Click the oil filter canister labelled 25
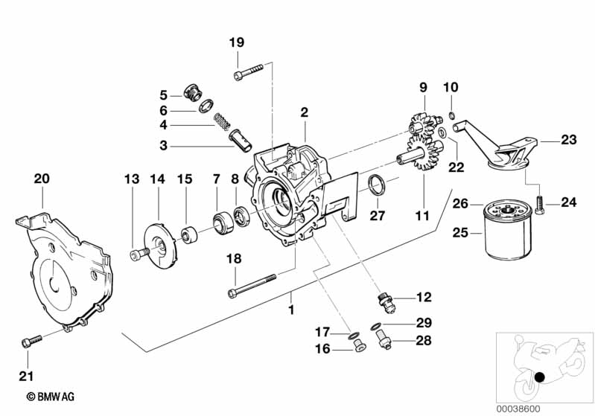click(507, 231)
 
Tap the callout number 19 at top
click(237, 42)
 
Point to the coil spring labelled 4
click(223, 121)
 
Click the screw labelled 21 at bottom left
click(31, 341)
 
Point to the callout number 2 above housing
click(305, 112)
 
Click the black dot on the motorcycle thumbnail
click(539, 377)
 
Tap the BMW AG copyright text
click(51, 397)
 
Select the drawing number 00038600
click(518, 409)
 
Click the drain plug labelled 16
click(359, 346)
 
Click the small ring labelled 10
click(451, 115)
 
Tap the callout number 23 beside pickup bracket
click(568, 140)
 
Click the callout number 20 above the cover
click(42, 179)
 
